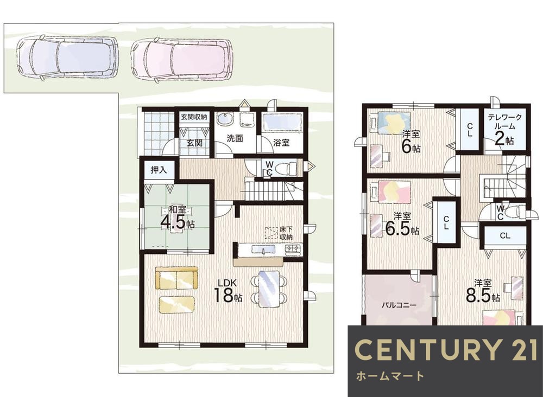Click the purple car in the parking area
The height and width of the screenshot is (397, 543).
point(67,57)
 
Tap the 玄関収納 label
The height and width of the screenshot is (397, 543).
point(194,117)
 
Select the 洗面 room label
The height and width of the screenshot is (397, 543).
point(235,138)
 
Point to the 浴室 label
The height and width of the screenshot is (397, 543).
point(281,143)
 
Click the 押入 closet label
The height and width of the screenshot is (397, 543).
point(159,170)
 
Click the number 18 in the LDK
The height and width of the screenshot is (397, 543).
point(223,296)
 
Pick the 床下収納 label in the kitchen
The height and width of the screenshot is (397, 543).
point(286,233)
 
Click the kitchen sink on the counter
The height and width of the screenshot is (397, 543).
point(263,249)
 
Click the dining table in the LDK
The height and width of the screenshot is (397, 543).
point(269,289)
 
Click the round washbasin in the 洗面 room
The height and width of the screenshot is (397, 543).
point(224,120)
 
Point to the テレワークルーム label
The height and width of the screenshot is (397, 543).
point(504,121)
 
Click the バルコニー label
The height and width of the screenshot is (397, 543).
point(399,305)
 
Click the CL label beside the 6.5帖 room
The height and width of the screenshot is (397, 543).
point(446,223)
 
